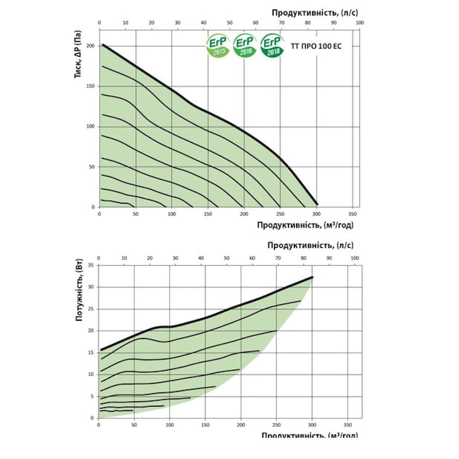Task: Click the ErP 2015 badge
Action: coord(219,46)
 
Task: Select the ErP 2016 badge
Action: coord(245,46)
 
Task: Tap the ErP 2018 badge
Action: coord(272,46)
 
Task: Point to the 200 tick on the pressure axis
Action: coord(91,45)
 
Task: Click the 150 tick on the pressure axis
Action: coord(91,86)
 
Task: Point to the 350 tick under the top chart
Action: coord(352,213)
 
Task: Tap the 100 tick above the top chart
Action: coord(359,23)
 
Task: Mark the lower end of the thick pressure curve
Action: coord(316,203)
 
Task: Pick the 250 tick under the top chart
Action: coord(280,213)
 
